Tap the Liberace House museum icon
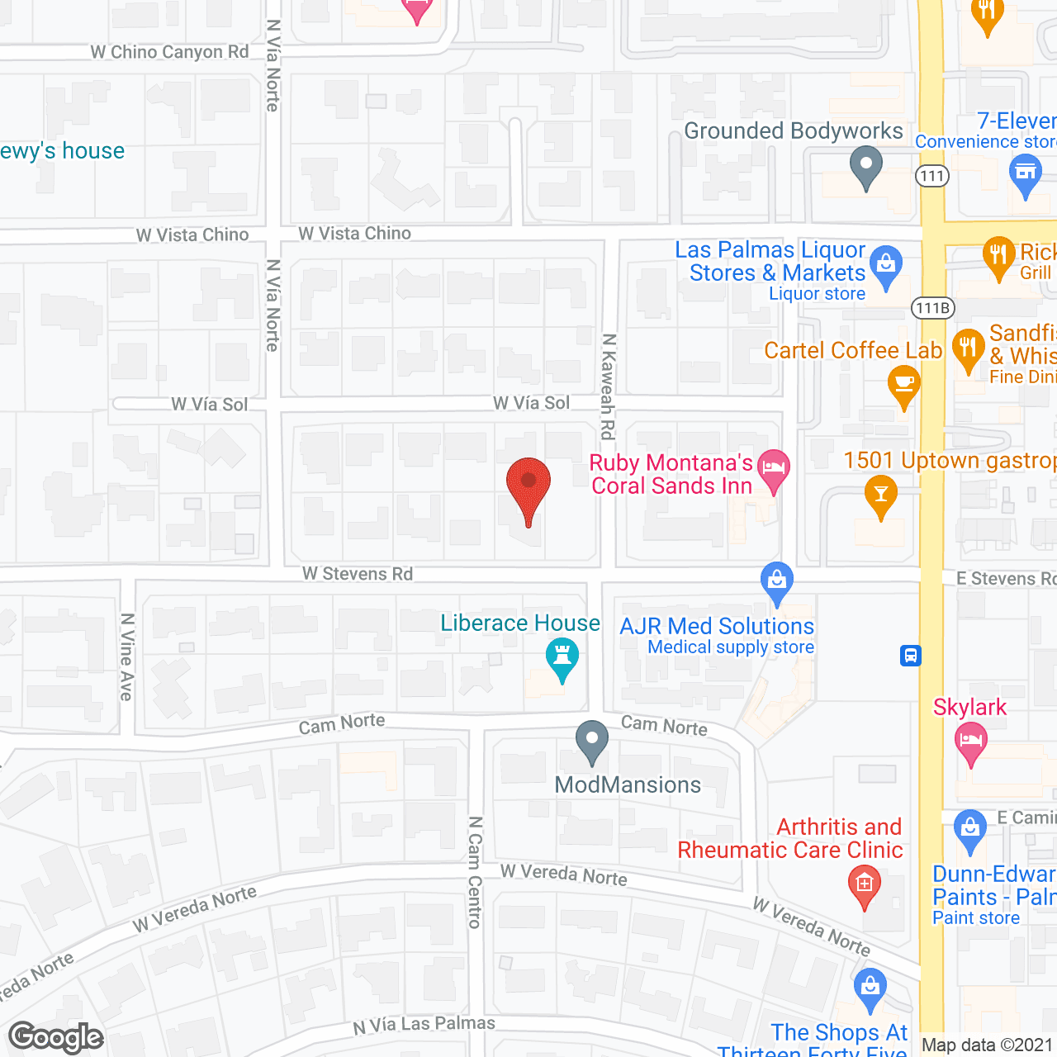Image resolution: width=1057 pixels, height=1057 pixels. [x=562, y=659]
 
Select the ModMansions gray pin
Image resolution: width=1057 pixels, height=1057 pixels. [x=591, y=741]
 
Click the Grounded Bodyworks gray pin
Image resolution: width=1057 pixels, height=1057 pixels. [x=866, y=166]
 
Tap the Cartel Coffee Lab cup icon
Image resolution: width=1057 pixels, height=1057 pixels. [x=904, y=385]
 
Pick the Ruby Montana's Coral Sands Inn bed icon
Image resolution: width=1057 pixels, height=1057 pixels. [x=774, y=469]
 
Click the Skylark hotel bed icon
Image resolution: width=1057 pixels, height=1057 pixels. [x=971, y=742]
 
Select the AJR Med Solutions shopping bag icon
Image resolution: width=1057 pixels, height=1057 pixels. [x=777, y=581]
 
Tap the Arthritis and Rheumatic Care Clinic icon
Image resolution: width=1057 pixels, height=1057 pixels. [x=865, y=885]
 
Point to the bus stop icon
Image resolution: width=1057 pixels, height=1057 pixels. [x=911, y=656]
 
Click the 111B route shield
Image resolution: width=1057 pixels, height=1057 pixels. [x=933, y=308]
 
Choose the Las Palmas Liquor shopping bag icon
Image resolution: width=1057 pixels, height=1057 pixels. [x=886, y=266]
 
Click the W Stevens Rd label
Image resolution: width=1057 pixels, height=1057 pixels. [x=358, y=573]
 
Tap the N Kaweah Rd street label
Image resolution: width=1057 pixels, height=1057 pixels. [x=609, y=386]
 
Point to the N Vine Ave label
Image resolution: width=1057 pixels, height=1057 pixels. [x=127, y=656]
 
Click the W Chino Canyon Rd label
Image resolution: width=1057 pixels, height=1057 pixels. [x=169, y=52]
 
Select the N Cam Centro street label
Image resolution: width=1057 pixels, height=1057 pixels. [x=475, y=872]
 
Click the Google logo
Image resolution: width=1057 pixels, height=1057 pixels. [x=56, y=1037]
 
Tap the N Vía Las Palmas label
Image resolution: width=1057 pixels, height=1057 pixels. [x=424, y=1024]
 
